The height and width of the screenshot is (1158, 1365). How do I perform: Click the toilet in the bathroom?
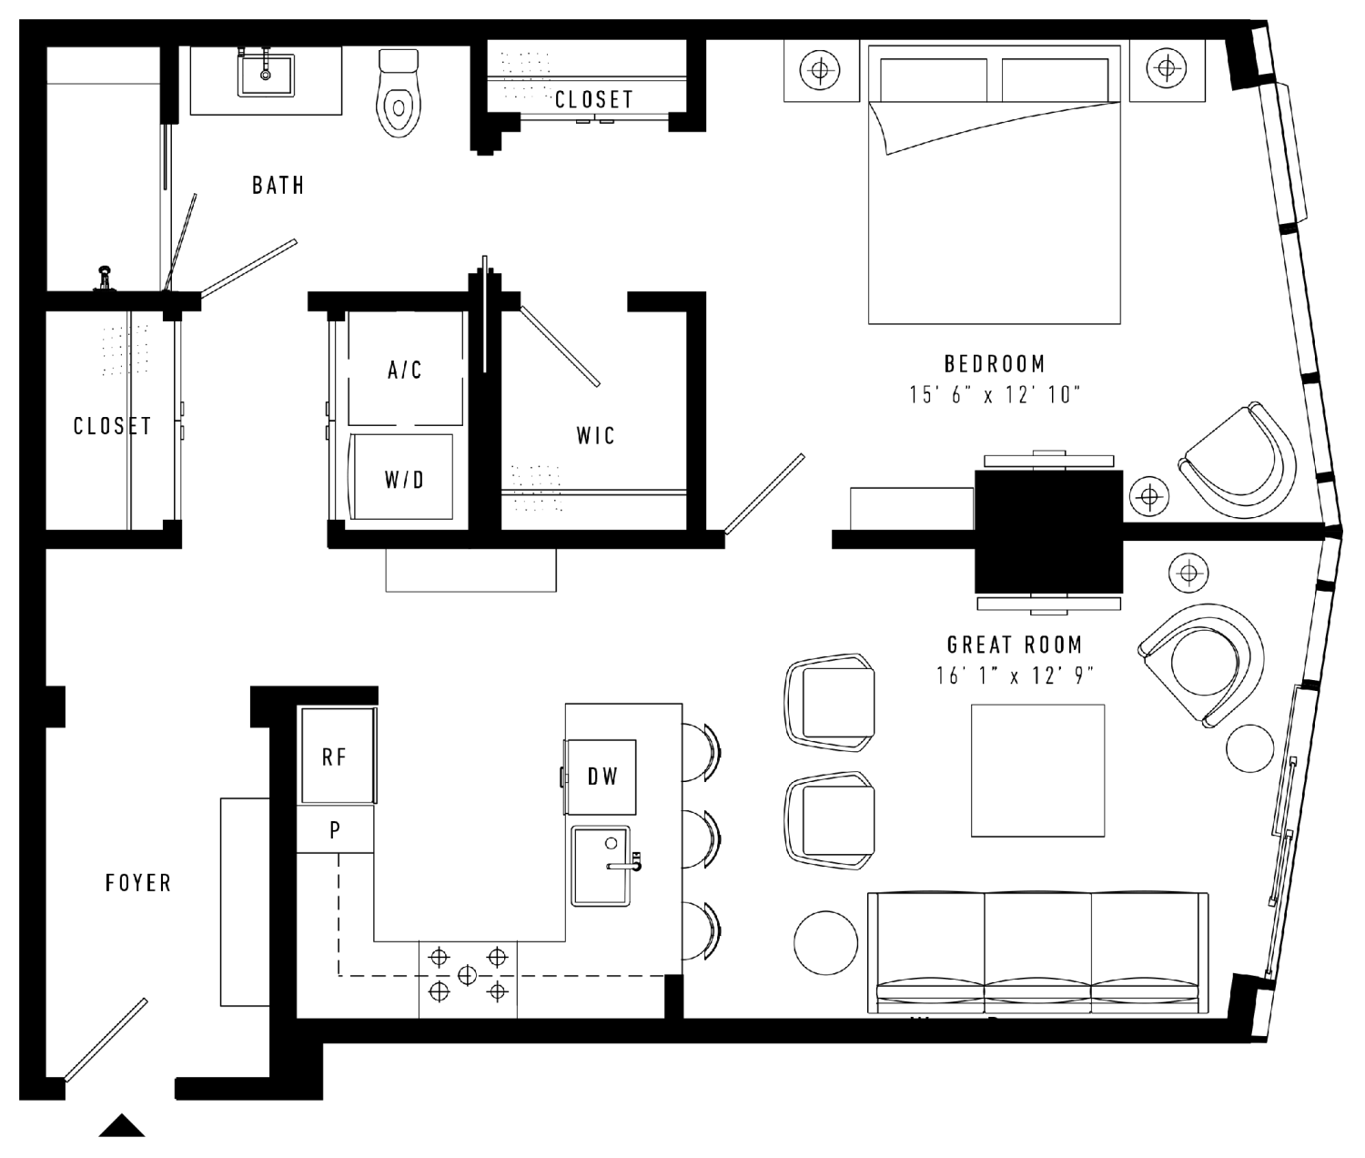399,93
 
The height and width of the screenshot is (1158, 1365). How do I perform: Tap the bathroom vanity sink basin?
266,76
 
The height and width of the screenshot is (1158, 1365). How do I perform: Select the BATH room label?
278,186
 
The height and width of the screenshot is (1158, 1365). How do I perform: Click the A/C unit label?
405,370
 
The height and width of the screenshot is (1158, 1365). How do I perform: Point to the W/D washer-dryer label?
404,480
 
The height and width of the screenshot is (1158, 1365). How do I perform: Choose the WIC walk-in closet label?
596,436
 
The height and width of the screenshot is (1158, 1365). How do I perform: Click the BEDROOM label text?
995,364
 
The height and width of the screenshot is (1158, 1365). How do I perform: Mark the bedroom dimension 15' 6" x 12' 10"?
995,395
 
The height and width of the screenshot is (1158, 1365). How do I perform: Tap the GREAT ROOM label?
1015,644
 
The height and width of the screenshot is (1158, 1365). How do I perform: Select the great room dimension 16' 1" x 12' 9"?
1015,675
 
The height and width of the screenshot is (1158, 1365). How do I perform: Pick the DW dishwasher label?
602,777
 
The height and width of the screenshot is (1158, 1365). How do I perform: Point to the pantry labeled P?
335,829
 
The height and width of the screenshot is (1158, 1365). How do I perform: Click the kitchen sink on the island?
601,866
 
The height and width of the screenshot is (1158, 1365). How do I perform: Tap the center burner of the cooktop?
467,974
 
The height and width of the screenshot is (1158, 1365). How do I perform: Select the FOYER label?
138,883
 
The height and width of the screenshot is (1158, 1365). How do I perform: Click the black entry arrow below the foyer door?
122,1125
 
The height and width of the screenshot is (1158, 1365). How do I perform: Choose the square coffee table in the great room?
1037,770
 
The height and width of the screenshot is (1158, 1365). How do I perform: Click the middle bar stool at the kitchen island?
702,839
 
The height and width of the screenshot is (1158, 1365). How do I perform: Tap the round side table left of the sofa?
825,942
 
